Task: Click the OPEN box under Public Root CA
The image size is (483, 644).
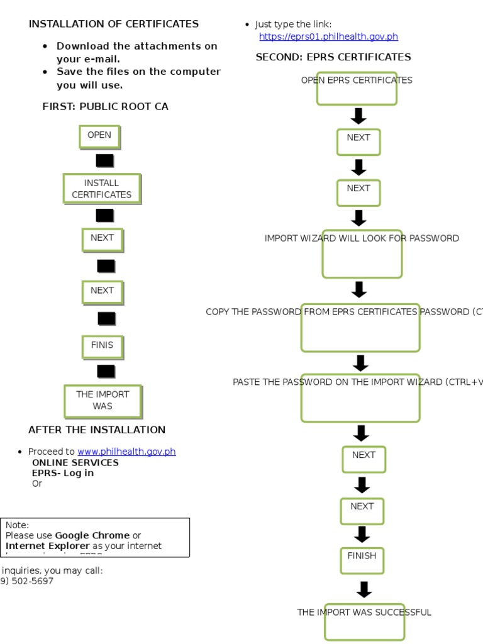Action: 99,136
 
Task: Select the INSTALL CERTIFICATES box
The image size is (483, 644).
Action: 102,189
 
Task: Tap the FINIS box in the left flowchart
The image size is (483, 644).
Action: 103,345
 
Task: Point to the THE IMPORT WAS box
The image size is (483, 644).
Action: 103,400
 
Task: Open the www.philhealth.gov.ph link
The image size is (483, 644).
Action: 126,452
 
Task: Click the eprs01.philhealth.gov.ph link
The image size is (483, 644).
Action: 328,36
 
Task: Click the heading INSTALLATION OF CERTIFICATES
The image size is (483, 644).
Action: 113,24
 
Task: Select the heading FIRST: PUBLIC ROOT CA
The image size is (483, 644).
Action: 105,106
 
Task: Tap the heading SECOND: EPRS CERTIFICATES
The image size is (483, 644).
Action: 333,57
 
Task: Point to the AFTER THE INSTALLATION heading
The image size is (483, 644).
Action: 97,430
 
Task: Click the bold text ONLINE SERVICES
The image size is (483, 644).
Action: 75,462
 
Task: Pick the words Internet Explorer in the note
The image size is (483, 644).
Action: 48,546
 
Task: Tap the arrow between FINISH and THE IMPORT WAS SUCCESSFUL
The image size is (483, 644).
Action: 364,589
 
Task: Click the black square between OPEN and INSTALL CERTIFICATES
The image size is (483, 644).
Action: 104,160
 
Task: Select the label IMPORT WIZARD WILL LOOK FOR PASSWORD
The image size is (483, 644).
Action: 362,238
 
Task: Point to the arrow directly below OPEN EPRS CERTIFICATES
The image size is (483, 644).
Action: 358,116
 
